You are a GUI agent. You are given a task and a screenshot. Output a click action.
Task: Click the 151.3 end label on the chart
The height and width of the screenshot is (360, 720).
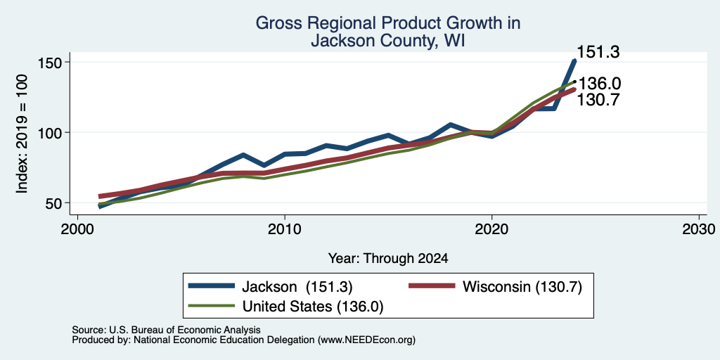click(x=598, y=52)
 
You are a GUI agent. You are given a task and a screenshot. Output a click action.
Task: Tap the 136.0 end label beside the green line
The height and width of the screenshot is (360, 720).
click(x=600, y=84)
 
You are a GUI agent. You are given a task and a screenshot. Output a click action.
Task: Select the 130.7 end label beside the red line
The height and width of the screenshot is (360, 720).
click(x=598, y=99)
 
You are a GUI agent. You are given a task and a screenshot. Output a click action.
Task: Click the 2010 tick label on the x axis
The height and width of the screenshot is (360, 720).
click(x=285, y=229)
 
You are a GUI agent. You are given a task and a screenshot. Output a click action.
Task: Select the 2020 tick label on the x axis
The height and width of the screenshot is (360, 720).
click(x=491, y=229)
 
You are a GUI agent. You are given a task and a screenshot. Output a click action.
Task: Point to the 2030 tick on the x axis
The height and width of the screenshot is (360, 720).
click(x=699, y=229)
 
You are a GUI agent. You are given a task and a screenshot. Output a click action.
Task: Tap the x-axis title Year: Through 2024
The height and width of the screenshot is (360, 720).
click(x=388, y=259)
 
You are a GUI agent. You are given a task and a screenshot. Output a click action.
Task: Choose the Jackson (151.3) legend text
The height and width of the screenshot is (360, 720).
click(x=297, y=287)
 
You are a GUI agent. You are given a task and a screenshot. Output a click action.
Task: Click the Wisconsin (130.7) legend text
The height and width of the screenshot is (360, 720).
click(x=522, y=287)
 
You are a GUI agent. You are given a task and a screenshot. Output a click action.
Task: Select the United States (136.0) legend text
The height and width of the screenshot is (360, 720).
click(x=312, y=307)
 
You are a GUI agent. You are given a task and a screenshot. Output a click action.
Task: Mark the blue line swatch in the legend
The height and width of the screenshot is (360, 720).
click(x=212, y=286)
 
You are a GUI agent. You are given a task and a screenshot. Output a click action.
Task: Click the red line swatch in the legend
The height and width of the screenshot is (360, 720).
click(x=432, y=286)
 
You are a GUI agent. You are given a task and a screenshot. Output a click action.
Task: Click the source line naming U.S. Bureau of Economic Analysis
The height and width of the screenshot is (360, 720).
click(x=166, y=330)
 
